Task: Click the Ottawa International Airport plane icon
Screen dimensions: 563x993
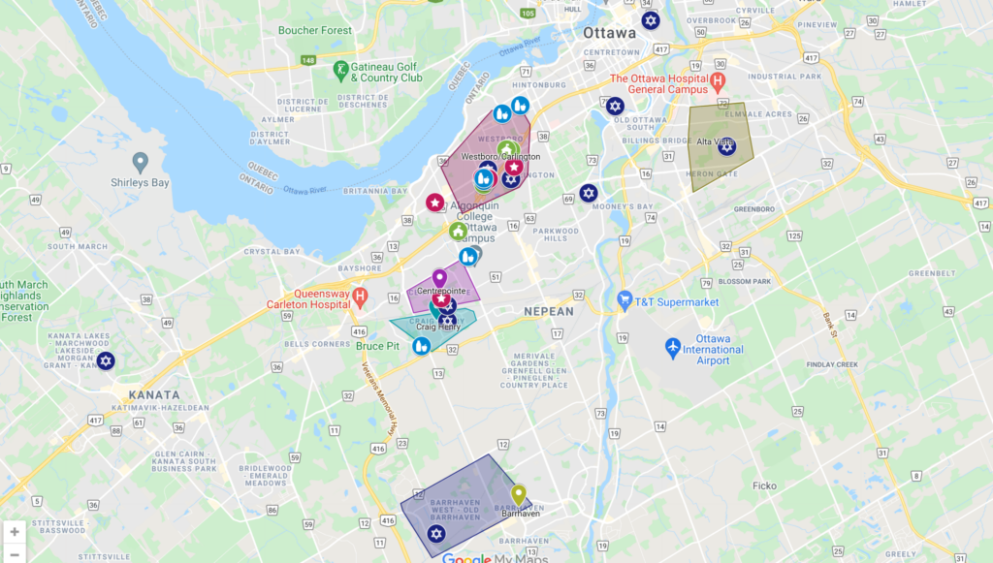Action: (673, 346)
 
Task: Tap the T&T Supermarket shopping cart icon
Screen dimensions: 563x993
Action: (625, 301)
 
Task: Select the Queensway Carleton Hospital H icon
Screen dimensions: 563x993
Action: (360, 295)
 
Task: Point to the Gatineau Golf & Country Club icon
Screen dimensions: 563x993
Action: (340, 70)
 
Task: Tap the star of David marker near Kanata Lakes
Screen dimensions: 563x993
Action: (106, 360)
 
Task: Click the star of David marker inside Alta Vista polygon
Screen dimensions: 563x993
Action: (726, 146)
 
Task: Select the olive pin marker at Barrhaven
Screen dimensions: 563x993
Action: (519, 494)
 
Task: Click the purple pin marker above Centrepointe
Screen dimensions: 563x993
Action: (439, 279)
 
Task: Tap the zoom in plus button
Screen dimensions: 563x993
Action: (15, 532)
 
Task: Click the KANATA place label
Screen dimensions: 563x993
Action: (153, 395)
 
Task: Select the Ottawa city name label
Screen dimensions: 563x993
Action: (609, 32)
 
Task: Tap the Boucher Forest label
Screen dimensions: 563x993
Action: (315, 30)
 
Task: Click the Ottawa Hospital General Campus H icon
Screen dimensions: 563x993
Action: (718, 80)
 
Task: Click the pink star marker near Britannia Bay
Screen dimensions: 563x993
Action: (435, 203)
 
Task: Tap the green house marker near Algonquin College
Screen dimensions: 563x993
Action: (458, 231)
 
